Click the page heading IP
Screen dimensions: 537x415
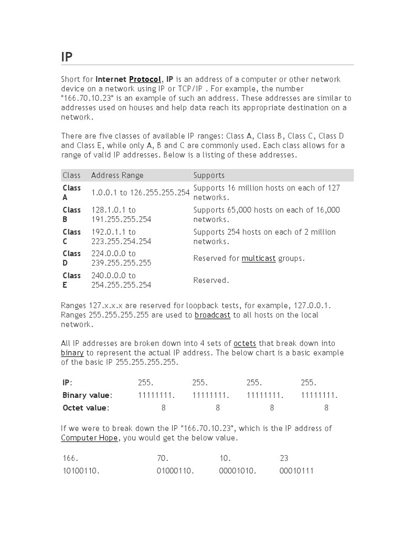67,57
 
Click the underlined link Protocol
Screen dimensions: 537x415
145,79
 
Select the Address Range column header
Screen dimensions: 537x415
117,175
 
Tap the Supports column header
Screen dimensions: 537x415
209,175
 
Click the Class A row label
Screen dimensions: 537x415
71,193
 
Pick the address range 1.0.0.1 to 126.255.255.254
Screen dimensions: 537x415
140,193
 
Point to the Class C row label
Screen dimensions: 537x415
71,237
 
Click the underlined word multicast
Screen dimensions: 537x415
258,258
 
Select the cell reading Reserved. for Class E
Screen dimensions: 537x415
211,280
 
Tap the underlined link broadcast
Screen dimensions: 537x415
212,315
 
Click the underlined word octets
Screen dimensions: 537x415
244,343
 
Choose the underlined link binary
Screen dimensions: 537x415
72,353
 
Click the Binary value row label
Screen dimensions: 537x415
87,395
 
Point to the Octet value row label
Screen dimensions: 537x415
86,408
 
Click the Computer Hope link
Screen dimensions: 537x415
89,438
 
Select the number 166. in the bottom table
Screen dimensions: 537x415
70,458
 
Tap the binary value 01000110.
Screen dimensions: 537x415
175,471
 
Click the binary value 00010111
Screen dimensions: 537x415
296,471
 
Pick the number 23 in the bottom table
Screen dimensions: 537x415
284,458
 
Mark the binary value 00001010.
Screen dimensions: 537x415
238,471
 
